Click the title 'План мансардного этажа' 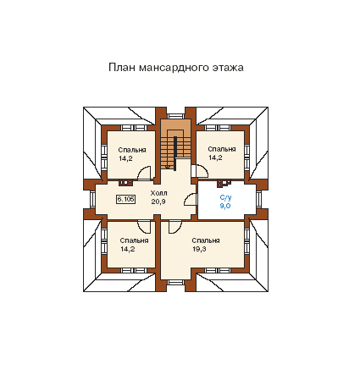tap(176, 68)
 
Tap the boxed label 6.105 tap(125, 199)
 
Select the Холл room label tap(158, 193)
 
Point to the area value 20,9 tap(158, 202)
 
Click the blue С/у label tap(225, 197)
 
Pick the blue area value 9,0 tap(225, 206)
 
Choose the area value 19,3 tap(199, 249)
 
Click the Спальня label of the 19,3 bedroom tap(206, 240)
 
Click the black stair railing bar tap(175, 153)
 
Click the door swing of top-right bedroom tap(200, 171)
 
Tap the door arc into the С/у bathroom tap(191, 200)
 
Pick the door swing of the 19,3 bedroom tap(175, 227)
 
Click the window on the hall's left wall tap(92, 199)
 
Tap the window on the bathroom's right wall tap(258, 199)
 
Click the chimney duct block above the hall tap(125, 183)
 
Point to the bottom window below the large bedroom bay tap(175, 282)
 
